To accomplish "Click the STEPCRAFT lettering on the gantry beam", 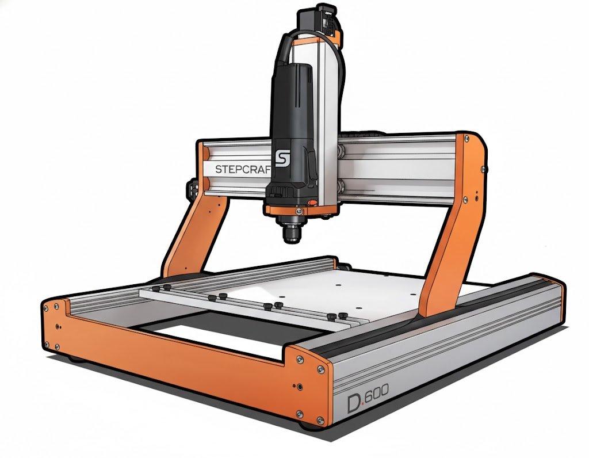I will pyautogui.click(x=242, y=169).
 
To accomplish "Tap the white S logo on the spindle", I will pyautogui.click(x=281, y=158).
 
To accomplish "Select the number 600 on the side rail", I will pyautogui.click(x=377, y=392).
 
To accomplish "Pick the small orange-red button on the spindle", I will pyautogui.click(x=311, y=203).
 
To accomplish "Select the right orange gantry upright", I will pyautogui.click(x=454, y=224).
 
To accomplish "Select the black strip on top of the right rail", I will pyautogui.click(x=437, y=322).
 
